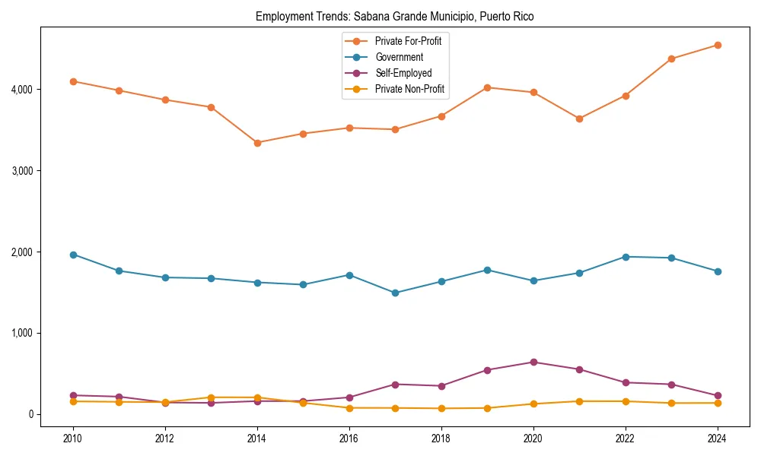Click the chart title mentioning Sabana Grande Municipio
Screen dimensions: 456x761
pyautogui.click(x=394, y=16)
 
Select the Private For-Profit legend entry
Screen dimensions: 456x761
pyautogui.click(x=408, y=41)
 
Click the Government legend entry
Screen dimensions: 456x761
pyautogui.click(x=399, y=57)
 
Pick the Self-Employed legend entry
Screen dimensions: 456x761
pyautogui.click(x=403, y=74)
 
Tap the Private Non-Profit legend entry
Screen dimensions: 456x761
pyautogui.click(x=409, y=90)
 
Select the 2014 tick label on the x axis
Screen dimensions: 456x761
pyautogui.click(x=257, y=439)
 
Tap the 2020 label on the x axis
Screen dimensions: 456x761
pyautogui.click(x=533, y=439)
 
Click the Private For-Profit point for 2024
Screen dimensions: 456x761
pyautogui.click(x=718, y=45)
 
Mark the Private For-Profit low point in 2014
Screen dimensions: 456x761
pyautogui.click(x=257, y=143)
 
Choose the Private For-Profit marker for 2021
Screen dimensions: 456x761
pyautogui.click(x=580, y=119)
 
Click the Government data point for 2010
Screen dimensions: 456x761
pyautogui.click(x=73, y=255)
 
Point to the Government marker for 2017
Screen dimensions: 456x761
pyautogui.click(x=396, y=293)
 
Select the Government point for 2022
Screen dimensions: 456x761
pyautogui.click(x=626, y=257)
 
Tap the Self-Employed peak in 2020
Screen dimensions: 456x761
pyautogui.click(x=533, y=362)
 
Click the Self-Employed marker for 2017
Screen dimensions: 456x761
pyautogui.click(x=396, y=384)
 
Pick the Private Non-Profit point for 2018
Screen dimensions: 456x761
pyautogui.click(x=441, y=408)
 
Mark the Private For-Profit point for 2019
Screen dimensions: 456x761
pyautogui.click(x=488, y=87)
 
